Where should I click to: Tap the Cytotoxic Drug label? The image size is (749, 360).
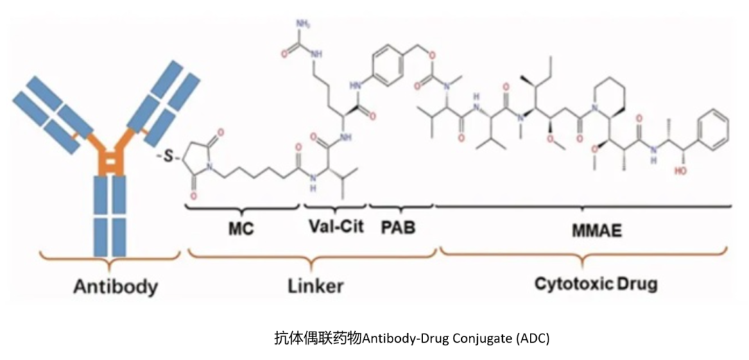click(596, 284)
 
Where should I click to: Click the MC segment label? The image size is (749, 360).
click(241, 229)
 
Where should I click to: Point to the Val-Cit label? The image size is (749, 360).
click(336, 226)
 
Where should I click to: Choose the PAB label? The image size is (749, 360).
click(398, 228)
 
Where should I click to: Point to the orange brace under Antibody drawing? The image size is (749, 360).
click(110, 259)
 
